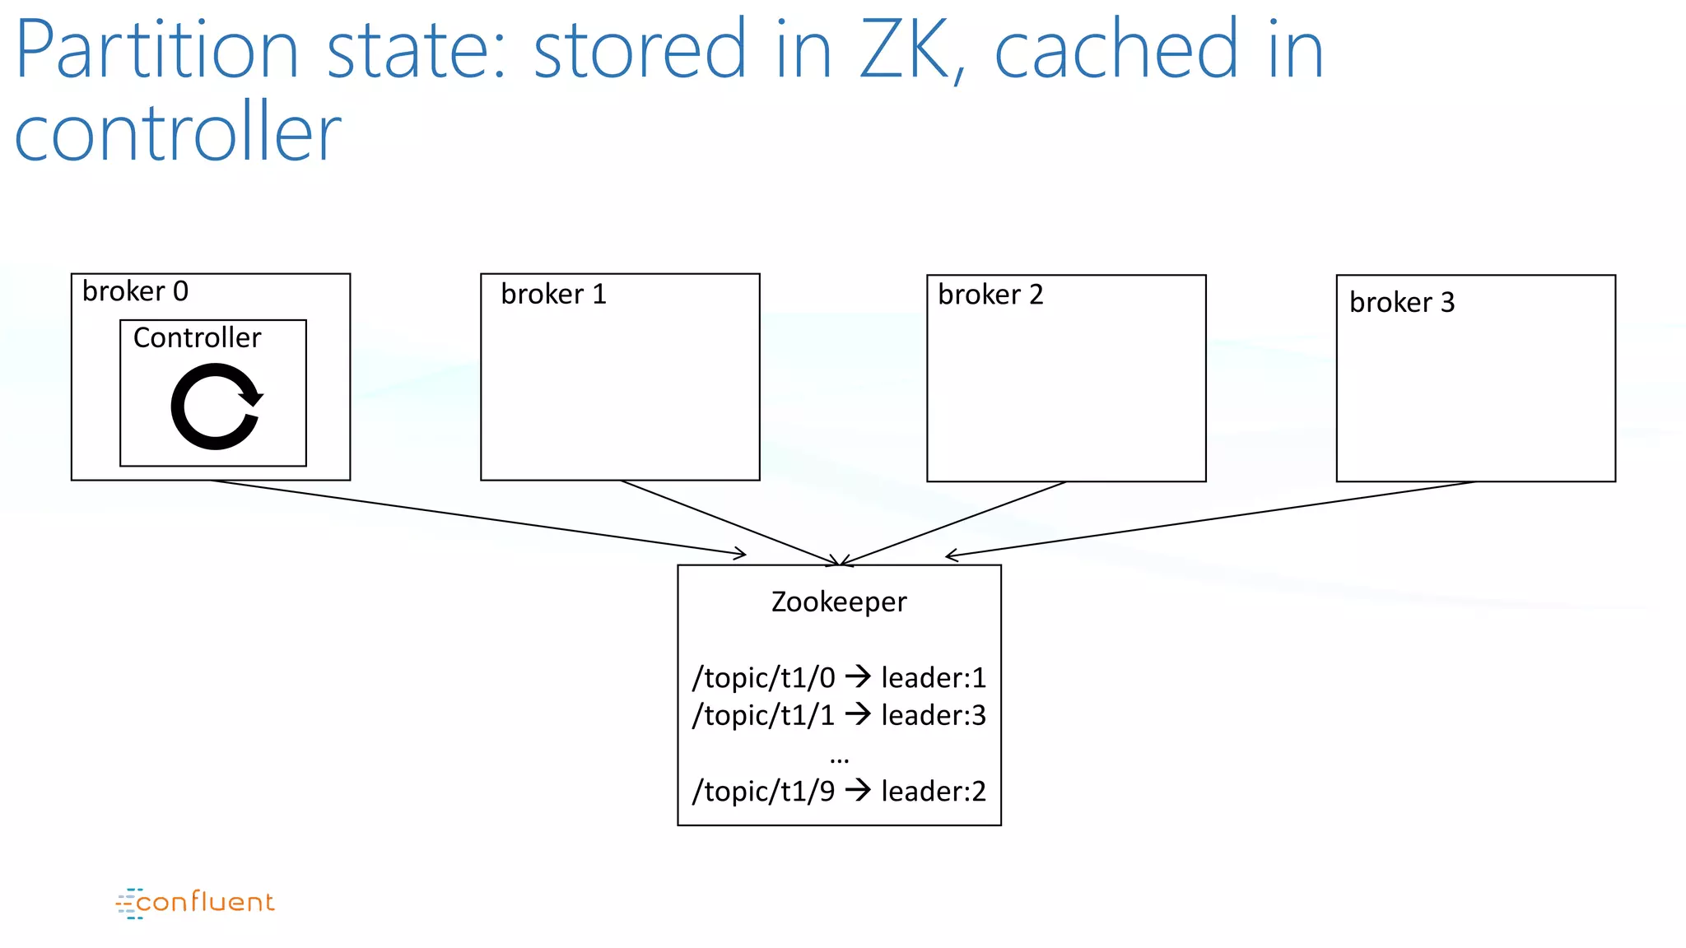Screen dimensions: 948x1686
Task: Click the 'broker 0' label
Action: point(135,291)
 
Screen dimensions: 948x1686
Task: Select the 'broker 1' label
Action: point(553,294)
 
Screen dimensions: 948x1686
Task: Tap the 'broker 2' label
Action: point(990,295)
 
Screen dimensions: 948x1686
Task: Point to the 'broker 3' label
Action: point(1402,303)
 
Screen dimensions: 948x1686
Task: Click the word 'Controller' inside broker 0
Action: point(197,337)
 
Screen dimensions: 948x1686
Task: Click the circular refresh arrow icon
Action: point(217,407)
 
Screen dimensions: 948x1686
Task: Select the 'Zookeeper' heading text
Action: point(838,602)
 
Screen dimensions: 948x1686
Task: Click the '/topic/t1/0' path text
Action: point(763,678)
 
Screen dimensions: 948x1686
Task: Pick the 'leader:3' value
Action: point(933,715)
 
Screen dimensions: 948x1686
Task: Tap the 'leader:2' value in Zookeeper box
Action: point(933,792)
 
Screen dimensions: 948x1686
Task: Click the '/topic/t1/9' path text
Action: point(763,792)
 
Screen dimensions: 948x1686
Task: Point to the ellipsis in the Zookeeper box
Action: point(839,758)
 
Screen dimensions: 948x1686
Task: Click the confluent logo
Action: point(195,903)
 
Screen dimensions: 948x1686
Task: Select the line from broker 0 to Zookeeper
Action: point(477,517)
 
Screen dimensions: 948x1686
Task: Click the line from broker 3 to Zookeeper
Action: point(1210,518)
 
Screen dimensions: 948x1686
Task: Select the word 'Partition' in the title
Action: point(156,51)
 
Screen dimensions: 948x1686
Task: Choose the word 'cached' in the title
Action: point(1115,51)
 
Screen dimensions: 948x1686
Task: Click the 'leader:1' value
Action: point(933,678)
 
